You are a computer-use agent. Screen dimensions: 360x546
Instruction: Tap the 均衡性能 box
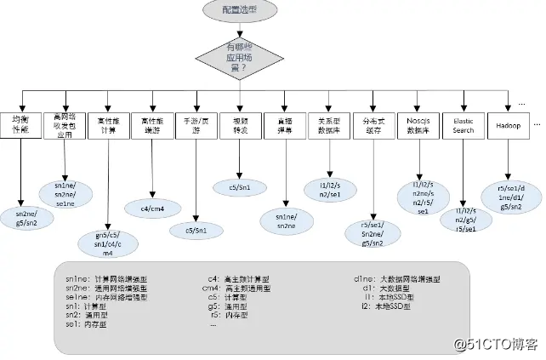(x=19, y=129)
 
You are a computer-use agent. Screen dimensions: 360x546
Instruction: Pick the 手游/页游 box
(x=193, y=127)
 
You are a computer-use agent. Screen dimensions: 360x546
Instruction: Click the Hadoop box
(x=509, y=127)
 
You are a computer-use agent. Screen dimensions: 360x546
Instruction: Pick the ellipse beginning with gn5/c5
(x=105, y=242)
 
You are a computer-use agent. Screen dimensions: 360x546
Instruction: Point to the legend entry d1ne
(x=399, y=278)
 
